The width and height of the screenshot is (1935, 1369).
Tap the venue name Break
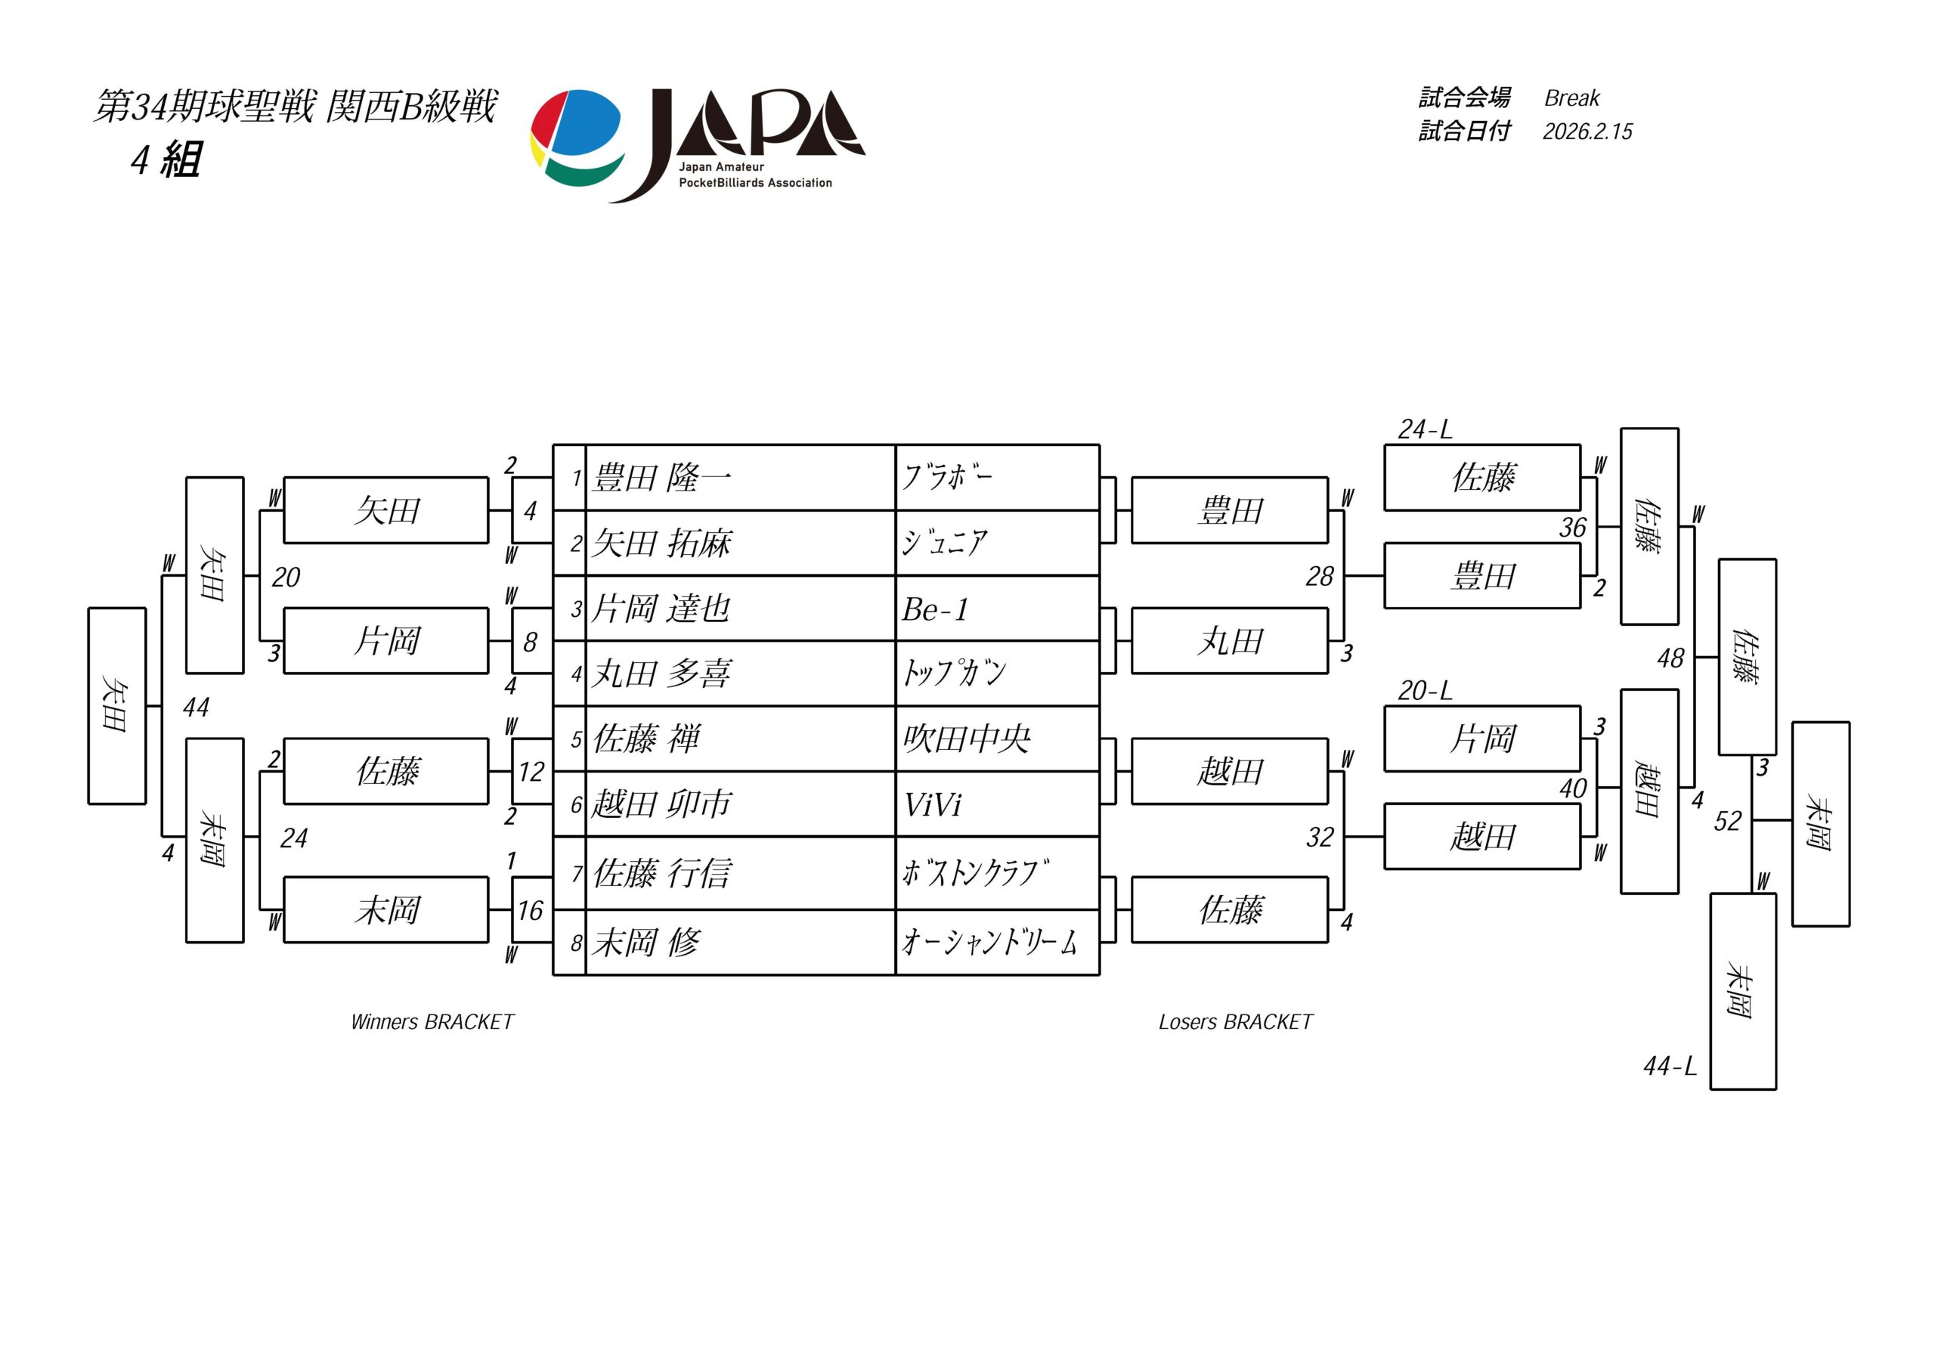[1571, 98]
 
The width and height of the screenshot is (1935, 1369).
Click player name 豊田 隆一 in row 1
[662, 478]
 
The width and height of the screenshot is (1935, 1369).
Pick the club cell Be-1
[936, 609]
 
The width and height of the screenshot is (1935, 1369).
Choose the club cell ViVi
[932, 805]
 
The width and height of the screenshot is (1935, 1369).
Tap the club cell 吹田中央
[967, 739]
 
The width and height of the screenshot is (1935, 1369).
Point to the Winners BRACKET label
[432, 1022]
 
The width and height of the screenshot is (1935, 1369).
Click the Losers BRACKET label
[1236, 1022]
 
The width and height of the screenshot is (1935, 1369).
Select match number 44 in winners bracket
[196, 708]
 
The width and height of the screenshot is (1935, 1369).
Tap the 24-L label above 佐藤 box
[1424, 430]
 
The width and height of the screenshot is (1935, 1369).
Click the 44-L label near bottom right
[1670, 1067]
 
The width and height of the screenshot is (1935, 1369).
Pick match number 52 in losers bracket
[1727, 821]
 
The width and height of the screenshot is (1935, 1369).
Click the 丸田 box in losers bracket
[1230, 642]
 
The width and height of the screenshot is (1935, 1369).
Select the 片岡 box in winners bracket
[386, 642]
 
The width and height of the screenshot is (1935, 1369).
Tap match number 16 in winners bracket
[530, 910]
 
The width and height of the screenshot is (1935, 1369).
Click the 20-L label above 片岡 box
[1424, 691]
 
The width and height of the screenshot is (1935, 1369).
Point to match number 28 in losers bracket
[1320, 577]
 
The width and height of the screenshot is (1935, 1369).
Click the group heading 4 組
[166, 160]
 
